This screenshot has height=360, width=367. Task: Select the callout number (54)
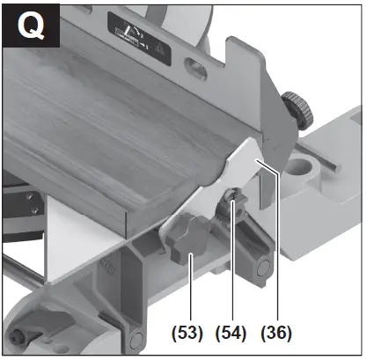232,334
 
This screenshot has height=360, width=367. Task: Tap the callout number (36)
276,334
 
